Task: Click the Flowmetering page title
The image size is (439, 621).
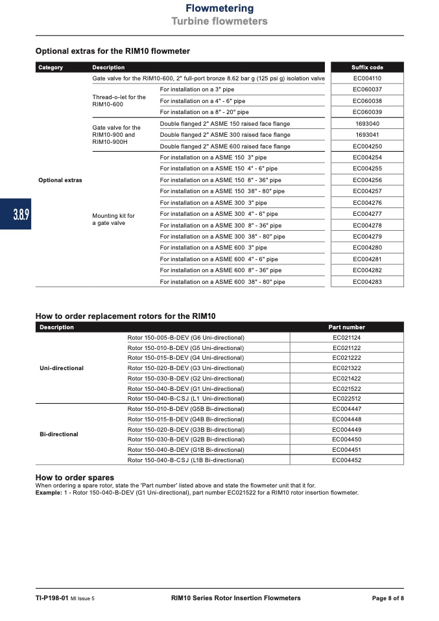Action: click(219, 8)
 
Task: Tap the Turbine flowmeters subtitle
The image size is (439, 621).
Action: click(219, 21)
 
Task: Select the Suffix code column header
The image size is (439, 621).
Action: click(367, 67)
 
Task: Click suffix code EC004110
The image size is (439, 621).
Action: click(367, 78)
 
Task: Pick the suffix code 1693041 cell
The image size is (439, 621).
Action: click(367, 135)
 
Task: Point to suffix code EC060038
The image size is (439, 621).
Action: click(367, 101)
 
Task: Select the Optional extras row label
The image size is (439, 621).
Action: click(60, 180)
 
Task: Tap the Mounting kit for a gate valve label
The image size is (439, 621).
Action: click(114, 220)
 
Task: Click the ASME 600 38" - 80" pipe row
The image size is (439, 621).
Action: click(222, 282)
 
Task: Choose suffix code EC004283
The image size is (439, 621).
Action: click(367, 282)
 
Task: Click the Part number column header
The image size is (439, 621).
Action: click(346, 327)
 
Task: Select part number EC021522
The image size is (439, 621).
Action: click(346, 388)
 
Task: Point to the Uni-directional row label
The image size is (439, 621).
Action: click(62, 368)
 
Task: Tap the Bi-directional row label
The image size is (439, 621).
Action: click(59, 434)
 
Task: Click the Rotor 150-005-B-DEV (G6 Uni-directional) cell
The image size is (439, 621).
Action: click(186, 338)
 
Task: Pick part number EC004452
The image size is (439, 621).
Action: click(346, 460)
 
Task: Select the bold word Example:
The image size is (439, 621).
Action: click(48, 493)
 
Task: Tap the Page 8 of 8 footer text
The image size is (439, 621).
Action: click(387, 598)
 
